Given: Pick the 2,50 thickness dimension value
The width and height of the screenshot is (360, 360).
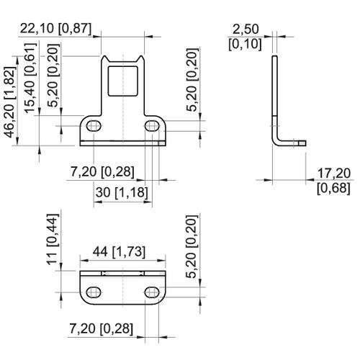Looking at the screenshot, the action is pos(246,30).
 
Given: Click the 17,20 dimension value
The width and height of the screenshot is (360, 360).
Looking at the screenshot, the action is pos(334,174).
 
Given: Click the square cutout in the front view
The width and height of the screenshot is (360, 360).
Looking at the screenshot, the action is pos(123,81).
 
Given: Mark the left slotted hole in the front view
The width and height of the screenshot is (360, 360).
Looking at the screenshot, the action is pos(94,126).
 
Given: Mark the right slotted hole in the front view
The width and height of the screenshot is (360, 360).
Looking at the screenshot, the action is pos(152,126).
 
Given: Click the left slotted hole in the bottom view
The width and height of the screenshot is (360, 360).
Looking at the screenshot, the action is pos(94,292).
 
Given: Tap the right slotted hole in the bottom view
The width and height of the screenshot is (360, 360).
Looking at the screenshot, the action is pos(152,292).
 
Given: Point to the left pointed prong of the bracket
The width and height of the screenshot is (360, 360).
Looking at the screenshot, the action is pos(104,60).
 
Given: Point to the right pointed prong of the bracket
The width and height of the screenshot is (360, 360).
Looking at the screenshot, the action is pos(140,60).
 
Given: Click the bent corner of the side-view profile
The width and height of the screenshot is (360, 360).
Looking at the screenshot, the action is pos(276,142).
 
